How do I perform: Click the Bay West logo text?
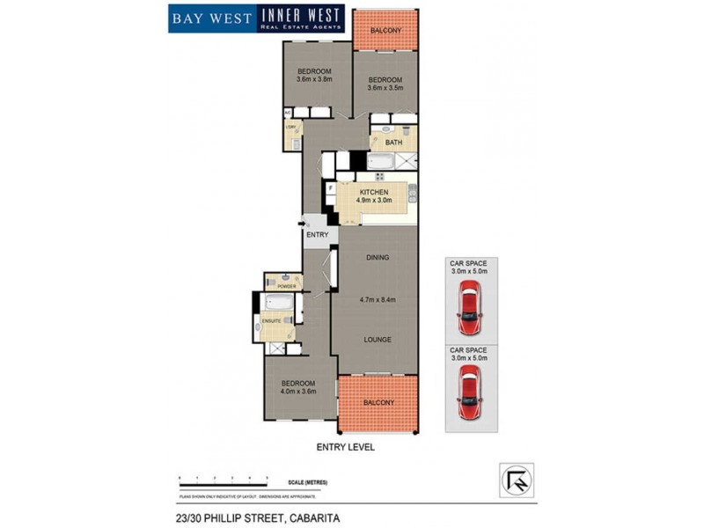pyautogui.click(x=212, y=18)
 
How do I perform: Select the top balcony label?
pyautogui.click(x=386, y=31)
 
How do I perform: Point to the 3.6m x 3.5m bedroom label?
pyautogui.click(x=385, y=86)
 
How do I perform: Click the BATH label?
pyautogui.click(x=393, y=143)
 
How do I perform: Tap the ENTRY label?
pyautogui.click(x=317, y=235)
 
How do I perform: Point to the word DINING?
pyautogui.click(x=377, y=257)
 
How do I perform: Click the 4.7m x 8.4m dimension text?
pyautogui.click(x=378, y=300)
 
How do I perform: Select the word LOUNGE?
pyautogui.click(x=377, y=339)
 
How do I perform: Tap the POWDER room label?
pyautogui.click(x=286, y=287)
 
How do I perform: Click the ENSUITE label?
pyautogui.click(x=272, y=321)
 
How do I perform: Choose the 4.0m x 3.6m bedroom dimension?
pyautogui.click(x=298, y=392)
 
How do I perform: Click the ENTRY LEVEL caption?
pyautogui.click(x=346, y=447)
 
